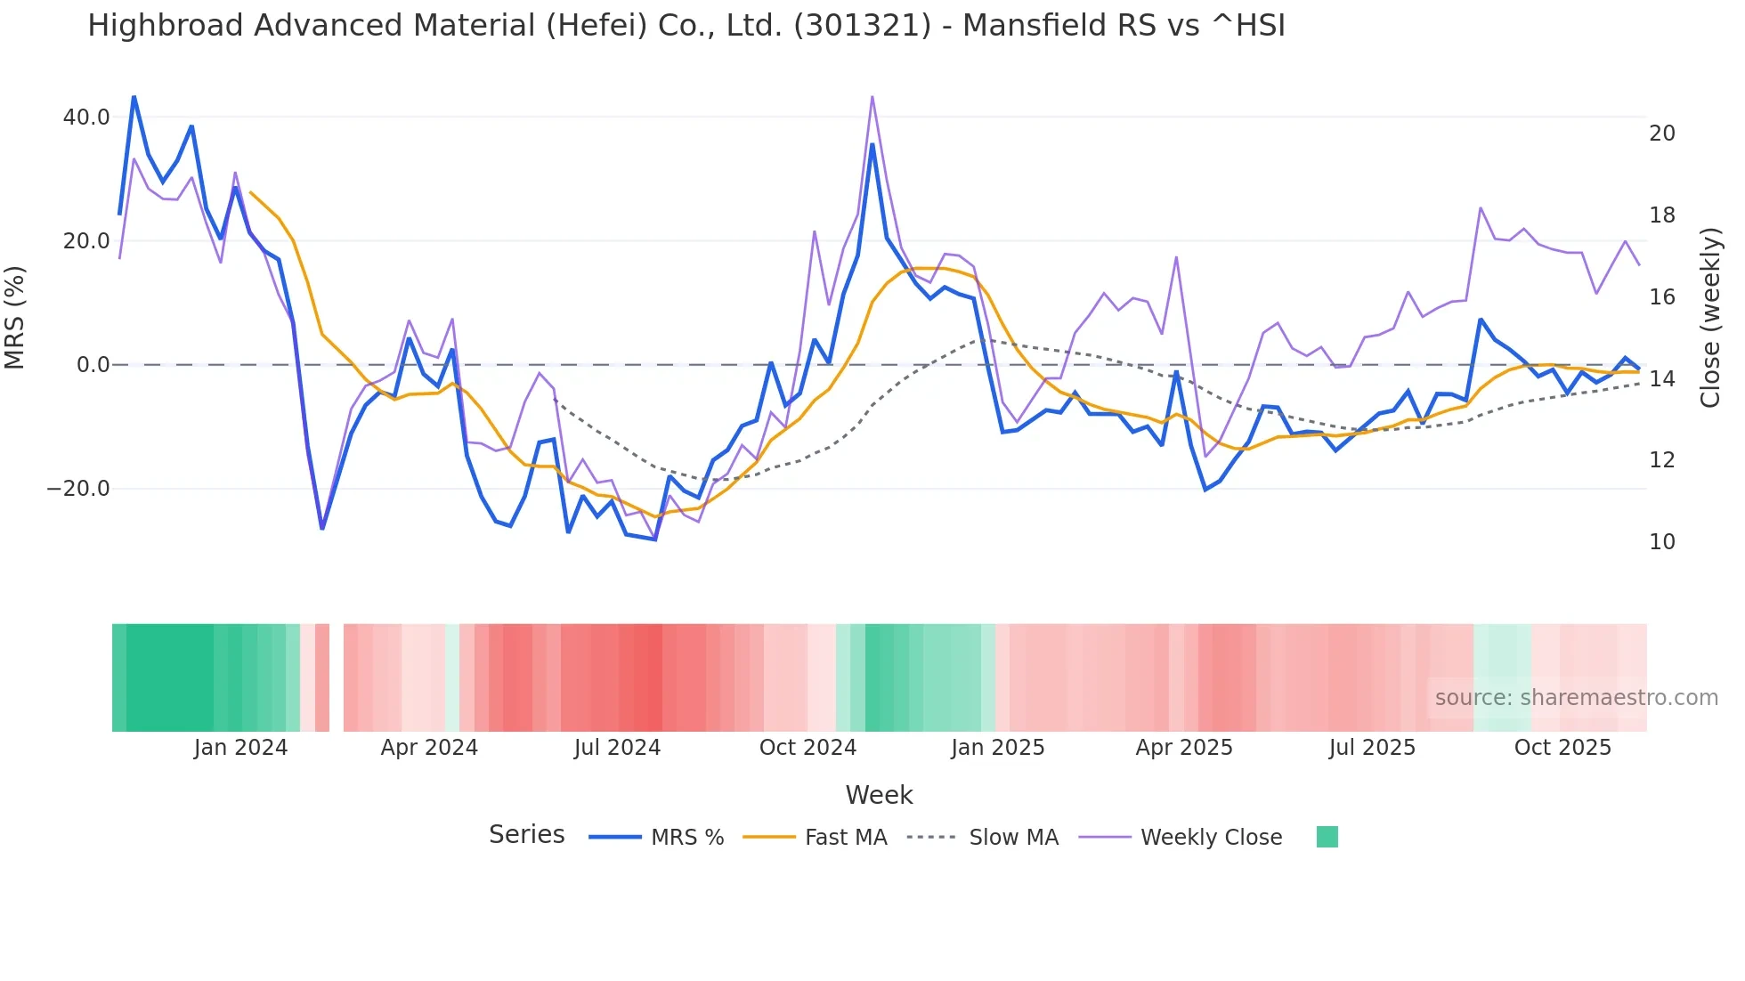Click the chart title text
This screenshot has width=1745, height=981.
[x=686, y=26]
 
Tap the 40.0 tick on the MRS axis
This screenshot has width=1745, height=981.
[x=86, y=118]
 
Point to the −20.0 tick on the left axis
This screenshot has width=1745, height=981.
[x=78, y=489]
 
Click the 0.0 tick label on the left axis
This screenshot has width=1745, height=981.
[x=93, y=365]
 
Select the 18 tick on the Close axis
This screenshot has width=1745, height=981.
[x=1661, y=215]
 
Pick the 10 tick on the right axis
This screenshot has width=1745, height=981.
[x=1661, y=542]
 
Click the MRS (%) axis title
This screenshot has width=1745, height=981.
[x=15, y=317]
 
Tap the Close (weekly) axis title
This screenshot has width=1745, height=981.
[x=1709, y=317]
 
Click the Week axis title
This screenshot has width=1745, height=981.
[x=879, y=795]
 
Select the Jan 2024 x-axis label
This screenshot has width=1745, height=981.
[x=240, y=748]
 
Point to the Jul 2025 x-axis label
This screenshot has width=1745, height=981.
[x=1372, y=748]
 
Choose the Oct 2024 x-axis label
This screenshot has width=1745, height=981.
[x=808, y=748]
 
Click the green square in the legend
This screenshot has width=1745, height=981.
[x=1327, y=837]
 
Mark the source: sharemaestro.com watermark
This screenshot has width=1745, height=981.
[x=1576, y=698]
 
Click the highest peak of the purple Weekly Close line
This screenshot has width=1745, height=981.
[x=872, y=97]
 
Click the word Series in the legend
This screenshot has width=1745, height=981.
[x=526, y=835]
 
